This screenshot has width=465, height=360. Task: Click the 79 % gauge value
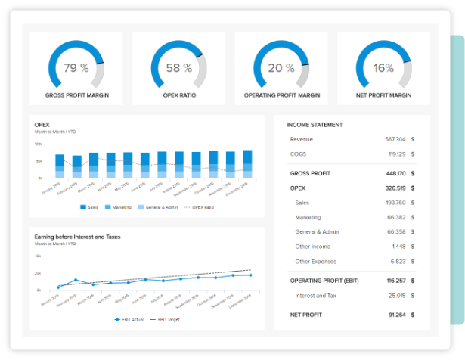(x=76, y=68)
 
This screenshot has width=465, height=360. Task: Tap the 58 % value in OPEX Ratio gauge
(x=178, y=68)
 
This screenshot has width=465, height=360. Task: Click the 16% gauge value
(x=383, y=68)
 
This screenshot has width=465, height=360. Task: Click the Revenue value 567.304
(x=395, y=139)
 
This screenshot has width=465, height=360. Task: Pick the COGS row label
(x=299, y=154)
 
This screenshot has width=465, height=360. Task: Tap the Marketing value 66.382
(x=395, y=217)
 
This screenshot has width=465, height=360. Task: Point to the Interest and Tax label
(x=315, y=296)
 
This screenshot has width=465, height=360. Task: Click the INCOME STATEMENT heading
(x=315, y=125)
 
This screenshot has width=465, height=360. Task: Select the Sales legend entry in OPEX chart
(x=89, y=207)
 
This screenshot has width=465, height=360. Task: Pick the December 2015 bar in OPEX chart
(x=247, y=164)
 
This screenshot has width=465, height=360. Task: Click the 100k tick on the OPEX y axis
(x=38, y=144)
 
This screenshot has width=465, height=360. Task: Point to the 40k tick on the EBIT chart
(x=38, y=256)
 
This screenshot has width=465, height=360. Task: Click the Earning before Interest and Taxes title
(x=77, y=237)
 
